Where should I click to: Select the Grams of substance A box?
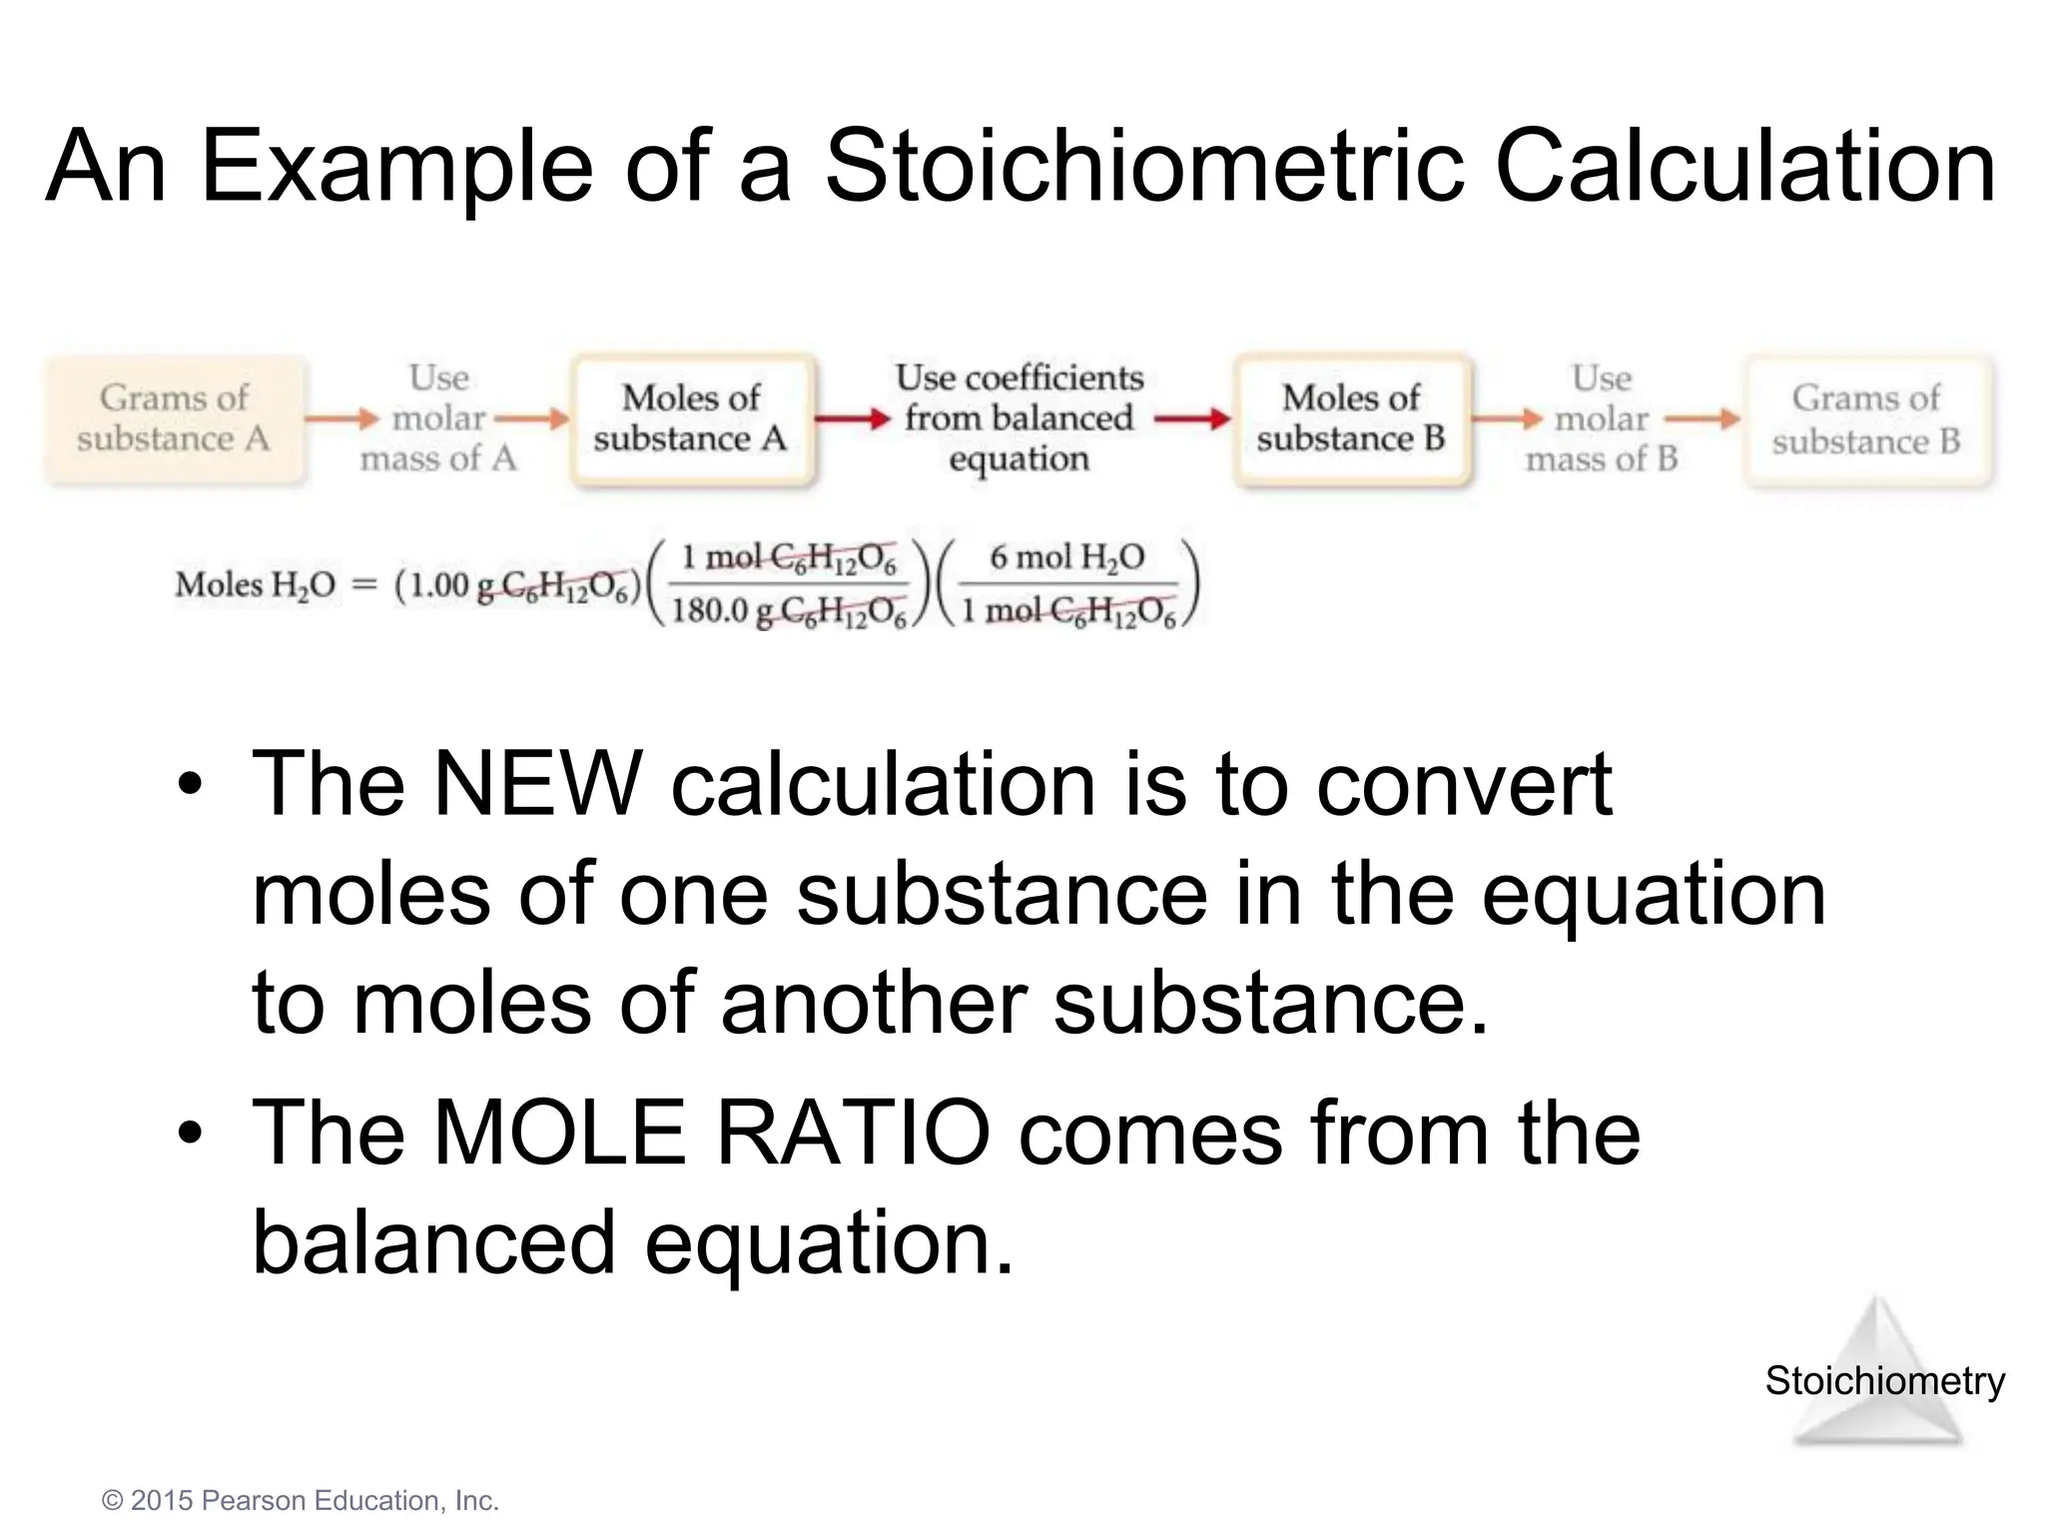[x=174, y=418]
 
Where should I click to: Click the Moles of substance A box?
[x=691, y=418]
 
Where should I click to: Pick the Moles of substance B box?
[x=1351, y=418]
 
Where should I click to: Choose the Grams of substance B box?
[x=1866, y=419]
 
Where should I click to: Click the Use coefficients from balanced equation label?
[x=1019, y=417]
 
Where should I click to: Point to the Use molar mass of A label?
[x=438, y=418]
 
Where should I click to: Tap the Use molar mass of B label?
[x=1602, y=418]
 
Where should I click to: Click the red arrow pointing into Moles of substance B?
[x=1192, y=419]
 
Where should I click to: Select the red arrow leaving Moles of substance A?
[x=852, y=419]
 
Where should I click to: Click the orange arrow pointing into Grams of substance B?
[x=1703, y=419]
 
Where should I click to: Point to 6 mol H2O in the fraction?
[x=1066, y=557]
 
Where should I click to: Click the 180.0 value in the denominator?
[x=710, y=610]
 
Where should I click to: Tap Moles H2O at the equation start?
[x=256, y=585]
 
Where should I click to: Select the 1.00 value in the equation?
[x=439, y=585]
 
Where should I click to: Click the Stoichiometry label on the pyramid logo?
[x=1884, y=1381]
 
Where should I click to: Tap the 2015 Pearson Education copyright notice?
[x=300, y=1501]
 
